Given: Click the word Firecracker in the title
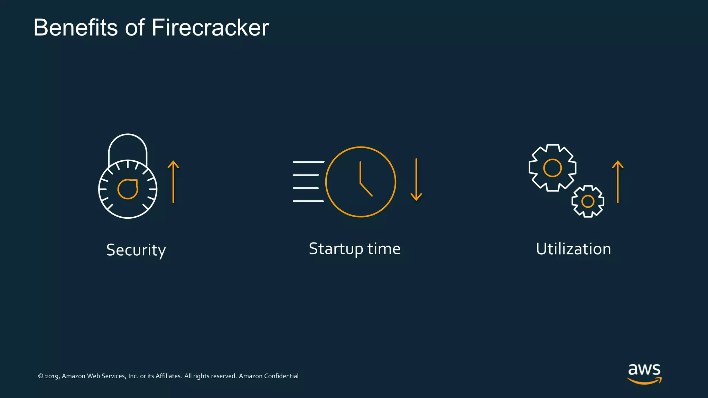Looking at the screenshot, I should click(210, 28).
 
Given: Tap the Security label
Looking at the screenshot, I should click(136, 250).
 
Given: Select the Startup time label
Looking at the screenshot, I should click(354, 249).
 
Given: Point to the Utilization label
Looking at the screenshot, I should click(573, 249).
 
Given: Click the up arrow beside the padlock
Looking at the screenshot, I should click(173, 182).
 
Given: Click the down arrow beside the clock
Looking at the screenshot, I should click(416, 180).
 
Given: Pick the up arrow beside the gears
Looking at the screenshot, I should click(617, 182).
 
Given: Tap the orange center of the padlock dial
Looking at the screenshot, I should click(128, 189).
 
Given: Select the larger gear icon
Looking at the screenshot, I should click(552, 168).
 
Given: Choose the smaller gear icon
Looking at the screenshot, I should click(588, 201).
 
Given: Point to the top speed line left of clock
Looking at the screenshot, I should click(308, 162).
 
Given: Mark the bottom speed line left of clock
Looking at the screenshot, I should click(308, 201).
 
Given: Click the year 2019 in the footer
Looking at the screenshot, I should click(52, 376).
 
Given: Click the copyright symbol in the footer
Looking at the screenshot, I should click(40, 376).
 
